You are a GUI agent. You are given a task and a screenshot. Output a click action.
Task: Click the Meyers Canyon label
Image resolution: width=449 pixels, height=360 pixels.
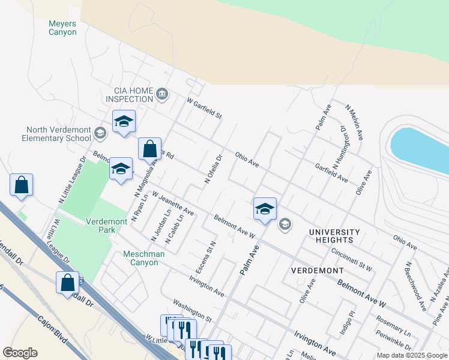tap(62, 28)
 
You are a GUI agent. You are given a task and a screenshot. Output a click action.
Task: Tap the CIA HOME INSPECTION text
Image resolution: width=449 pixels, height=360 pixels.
tap(129, 94)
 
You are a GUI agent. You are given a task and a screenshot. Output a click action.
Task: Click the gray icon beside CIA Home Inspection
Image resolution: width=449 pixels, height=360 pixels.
tap(162, 94)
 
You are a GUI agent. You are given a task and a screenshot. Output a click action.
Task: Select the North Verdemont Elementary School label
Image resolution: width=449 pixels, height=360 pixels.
tap(58, 134)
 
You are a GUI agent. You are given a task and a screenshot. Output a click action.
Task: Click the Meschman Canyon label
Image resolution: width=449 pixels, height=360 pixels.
tap(144, 258)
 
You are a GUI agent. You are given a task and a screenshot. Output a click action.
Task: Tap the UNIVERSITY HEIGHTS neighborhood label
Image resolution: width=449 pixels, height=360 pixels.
tap(334, 236)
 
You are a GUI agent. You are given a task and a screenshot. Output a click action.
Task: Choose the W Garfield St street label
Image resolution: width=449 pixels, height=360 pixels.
tap(204, 108)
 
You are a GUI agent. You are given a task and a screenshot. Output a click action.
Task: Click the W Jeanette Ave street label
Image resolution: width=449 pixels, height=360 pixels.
tap(173, 203)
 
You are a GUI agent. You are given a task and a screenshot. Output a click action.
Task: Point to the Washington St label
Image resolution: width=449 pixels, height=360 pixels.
tap(192, 310)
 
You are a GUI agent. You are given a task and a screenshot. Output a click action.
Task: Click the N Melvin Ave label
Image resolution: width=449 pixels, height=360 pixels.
tap(354, 122)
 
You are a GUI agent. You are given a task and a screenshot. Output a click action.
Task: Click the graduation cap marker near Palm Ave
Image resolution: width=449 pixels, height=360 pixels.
tap(265, 209)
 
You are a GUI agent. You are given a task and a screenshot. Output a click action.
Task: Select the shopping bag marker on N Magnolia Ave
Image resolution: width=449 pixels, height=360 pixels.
tap(149, 149)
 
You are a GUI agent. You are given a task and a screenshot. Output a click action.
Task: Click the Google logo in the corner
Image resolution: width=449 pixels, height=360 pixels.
tap(20, 352)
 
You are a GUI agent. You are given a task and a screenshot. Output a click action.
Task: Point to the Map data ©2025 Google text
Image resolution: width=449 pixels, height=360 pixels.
tap(411, 355)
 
